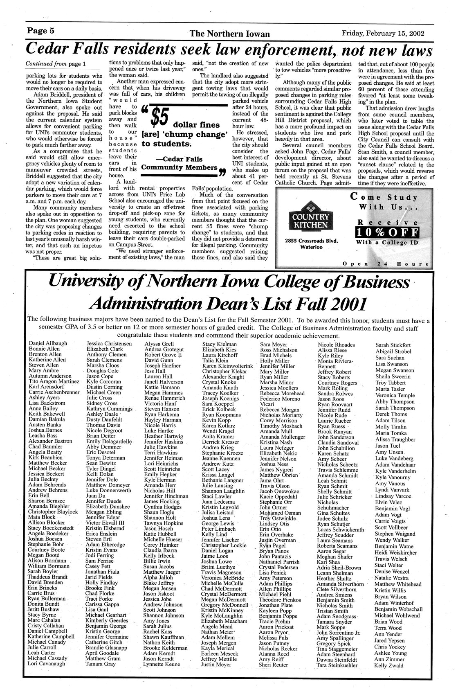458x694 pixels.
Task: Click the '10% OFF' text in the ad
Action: point(387,232)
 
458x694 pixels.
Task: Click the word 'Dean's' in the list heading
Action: point(225,304)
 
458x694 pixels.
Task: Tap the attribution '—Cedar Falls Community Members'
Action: point(179,163)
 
